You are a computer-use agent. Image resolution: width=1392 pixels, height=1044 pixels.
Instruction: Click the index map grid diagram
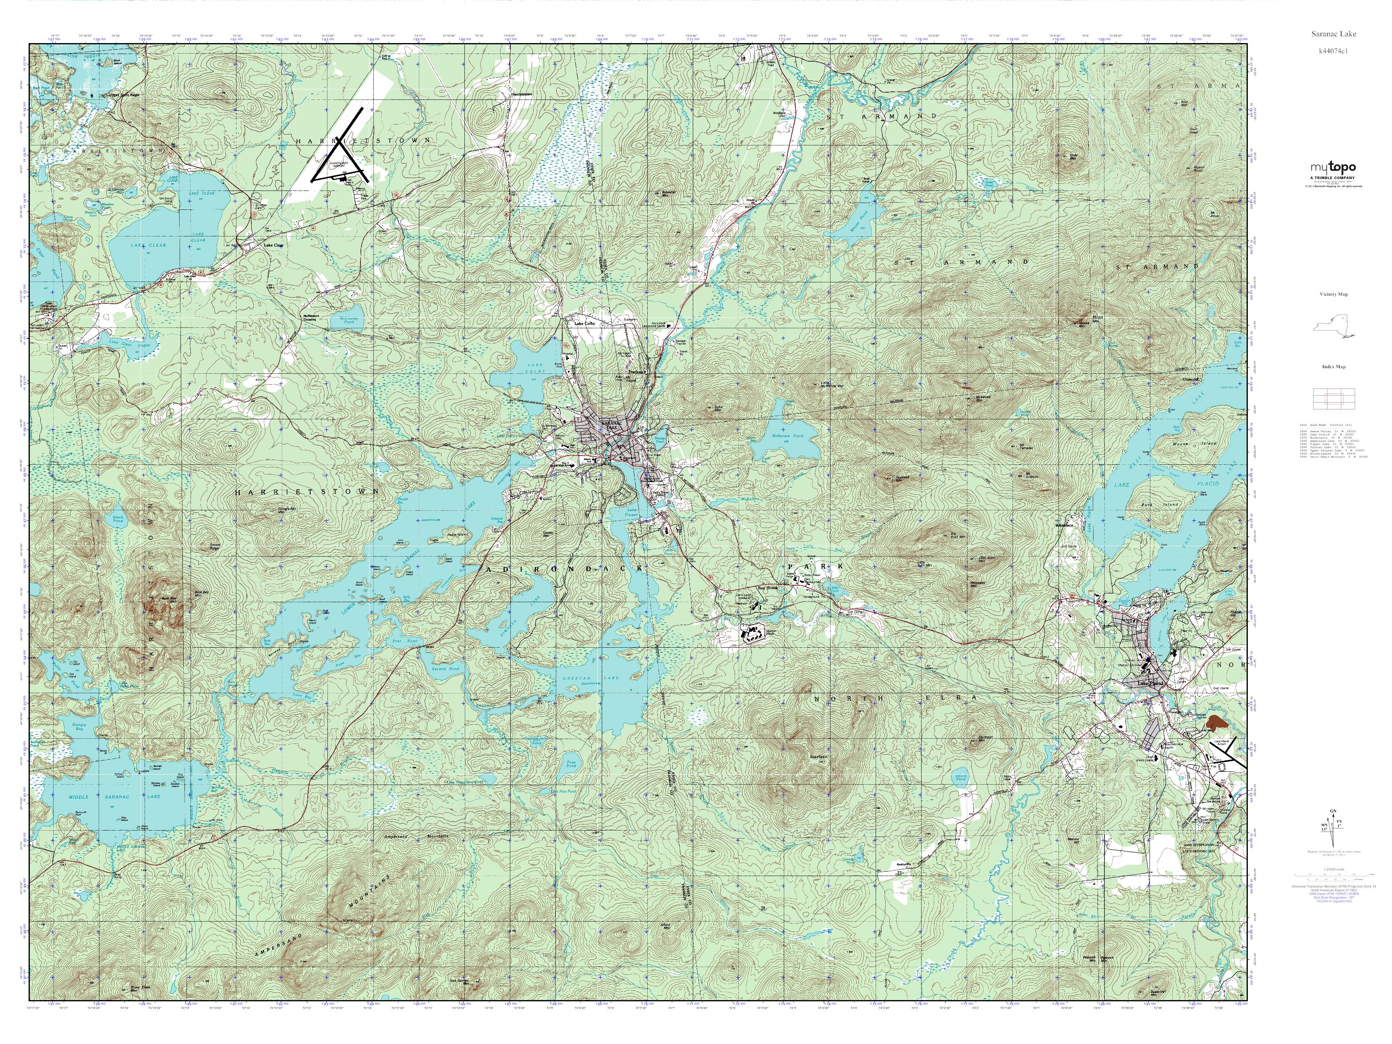1333,398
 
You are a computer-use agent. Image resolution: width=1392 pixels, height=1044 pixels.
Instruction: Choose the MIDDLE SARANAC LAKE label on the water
114,797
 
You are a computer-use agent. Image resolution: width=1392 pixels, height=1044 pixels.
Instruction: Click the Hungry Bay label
78,727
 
